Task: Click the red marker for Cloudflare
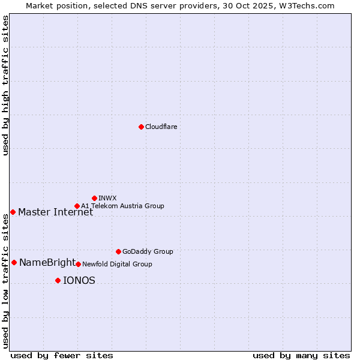tap(141, 127)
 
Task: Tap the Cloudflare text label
tap(161, 127)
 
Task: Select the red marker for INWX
tap(94, 198)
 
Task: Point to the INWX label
tap(107, 198)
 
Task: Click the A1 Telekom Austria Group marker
tap(77, 206)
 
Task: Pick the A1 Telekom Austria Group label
tap(122, 206)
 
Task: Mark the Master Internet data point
tap(13, 212)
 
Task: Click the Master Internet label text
tap(55, 212)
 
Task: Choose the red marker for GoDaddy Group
tap(118, 251)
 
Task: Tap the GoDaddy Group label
tap(148, 251)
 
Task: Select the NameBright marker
tap(14, 262)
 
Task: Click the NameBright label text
tap(47, 262)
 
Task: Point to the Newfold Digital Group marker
tap(78, 264)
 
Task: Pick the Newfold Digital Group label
tap(117, 264)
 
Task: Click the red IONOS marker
tap(58, 280)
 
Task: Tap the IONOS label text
tap(79, 280)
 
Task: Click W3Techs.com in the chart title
tap(310, 5)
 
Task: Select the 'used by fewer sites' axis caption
tap(62, 355)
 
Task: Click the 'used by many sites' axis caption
tap(301, 355)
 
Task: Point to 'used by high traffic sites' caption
tap(5, 85)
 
